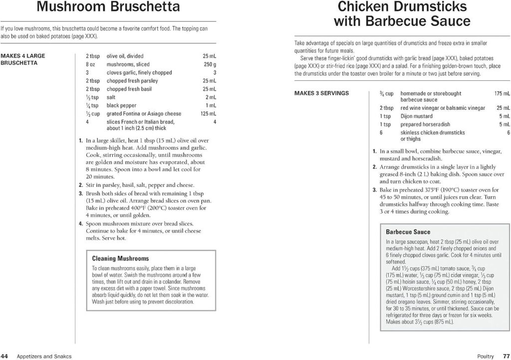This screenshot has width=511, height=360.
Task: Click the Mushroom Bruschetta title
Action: (x=108, y=7)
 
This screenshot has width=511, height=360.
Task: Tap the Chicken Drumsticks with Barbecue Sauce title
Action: (x=402, y=14)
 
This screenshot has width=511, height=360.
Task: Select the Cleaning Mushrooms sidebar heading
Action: (x=120, y=259)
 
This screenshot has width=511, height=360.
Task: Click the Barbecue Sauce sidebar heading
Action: (x=408, y=232)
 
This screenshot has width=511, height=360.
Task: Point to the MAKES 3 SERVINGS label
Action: (x=321, y=93)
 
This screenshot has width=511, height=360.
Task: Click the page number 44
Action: (x=4, y=356)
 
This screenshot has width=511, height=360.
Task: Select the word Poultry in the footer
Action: (x=486, y=356)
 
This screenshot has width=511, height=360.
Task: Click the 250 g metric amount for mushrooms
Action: (x=210, y=64)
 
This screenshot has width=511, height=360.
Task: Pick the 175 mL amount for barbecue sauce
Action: (x=502, y=93)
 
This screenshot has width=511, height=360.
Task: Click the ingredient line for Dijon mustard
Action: (x=416, y=116)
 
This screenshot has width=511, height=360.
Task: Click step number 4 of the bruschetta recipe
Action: (x=80, y=223)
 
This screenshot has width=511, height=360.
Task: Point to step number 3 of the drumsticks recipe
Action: (x=374, y=190)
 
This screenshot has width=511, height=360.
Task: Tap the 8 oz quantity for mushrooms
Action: (x=90, y=64)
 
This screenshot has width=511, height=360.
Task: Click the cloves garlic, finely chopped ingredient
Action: (x=139, y=72)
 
